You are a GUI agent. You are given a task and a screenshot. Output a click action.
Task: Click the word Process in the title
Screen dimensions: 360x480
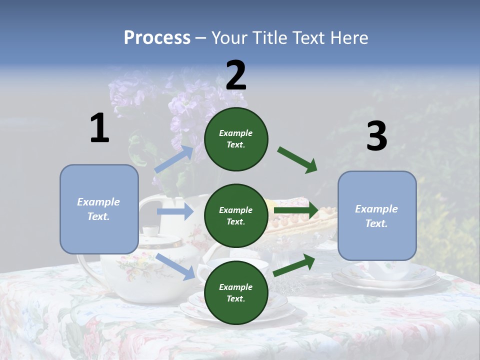[x=157, y=38]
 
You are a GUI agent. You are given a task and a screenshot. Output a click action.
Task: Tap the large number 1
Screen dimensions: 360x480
[x=99, y=128]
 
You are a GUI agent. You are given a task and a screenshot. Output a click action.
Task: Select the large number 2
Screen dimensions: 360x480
[x=236, y=75]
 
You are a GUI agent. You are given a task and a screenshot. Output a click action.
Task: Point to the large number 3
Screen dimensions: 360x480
[x=376, y=136]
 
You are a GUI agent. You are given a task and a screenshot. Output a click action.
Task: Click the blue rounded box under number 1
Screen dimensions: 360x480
[x=99, y=209]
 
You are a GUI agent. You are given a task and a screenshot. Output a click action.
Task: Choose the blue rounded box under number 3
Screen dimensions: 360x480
[x=377, y=215]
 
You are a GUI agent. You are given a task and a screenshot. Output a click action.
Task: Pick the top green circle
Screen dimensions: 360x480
[x=236, y=139]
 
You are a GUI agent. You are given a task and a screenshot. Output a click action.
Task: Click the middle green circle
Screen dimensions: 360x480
[x=236, y=215]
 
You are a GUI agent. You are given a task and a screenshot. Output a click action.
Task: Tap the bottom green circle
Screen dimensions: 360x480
[x=236, y=292]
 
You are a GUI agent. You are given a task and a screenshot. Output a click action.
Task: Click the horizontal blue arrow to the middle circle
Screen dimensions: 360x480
[x=175, y=212]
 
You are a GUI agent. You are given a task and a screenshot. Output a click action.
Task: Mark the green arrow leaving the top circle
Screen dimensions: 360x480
[x=297, y=160]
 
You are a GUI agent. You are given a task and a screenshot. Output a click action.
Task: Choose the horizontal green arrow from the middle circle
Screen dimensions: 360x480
[x=296, y=210]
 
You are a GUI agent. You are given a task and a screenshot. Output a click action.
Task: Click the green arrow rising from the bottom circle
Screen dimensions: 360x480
[x=294, y=265]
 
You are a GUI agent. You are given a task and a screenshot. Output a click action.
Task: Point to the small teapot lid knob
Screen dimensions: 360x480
[x=149, y=231]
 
